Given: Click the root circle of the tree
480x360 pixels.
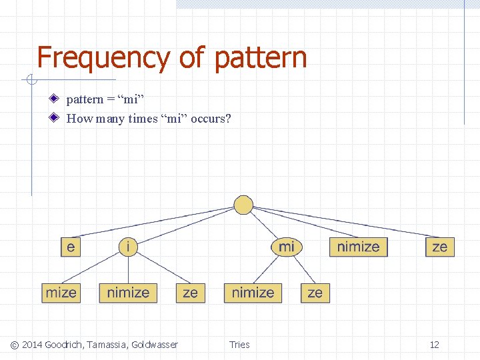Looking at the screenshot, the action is (x=244, y=205).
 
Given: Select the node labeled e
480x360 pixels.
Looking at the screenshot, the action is (x=71, y=247).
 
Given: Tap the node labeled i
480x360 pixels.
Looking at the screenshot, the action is (x=128, y=247).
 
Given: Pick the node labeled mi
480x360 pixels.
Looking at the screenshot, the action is (x=286, y=247).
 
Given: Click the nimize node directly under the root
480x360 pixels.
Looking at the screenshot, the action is (x=358, y=247).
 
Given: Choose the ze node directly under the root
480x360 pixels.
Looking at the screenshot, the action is (x=439, y=247).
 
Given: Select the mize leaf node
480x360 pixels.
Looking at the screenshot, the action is (x=61, y=293).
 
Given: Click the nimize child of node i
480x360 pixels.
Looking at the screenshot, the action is (x=128, y=293).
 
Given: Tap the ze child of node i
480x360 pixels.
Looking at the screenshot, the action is (x=190, y=293).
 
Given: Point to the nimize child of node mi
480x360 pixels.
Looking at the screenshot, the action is (x=253, y=293).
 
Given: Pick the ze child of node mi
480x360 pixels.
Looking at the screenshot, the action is (x=315, y=293).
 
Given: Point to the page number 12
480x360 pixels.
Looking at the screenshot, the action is (x=435, y=345).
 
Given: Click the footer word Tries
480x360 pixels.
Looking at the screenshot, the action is (x=239, y=345).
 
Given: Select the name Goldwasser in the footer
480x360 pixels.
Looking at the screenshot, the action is (x=155, y=345).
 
